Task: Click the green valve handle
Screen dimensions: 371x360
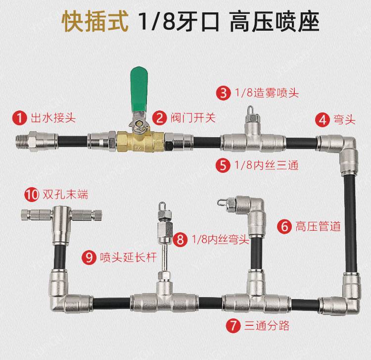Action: coord(139,90)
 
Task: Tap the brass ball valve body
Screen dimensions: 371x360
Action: coord(140,141)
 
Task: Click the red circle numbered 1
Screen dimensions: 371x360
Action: coord(20,118)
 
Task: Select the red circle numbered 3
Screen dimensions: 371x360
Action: coord(223,93)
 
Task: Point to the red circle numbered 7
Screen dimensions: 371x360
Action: coord(233,325)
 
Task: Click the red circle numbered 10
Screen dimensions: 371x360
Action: coord(32,195)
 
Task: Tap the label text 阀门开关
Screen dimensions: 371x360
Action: coord(193,118)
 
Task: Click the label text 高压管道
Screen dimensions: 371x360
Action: coord(318,226)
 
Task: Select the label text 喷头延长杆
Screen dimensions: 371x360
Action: coord(128,257)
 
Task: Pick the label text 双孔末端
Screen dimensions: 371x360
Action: coord(65,195)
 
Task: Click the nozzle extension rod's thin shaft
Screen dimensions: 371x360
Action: coord(164,257)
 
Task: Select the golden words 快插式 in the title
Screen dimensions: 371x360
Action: coord(95,22)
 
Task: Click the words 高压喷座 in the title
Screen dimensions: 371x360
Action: coord(275,22)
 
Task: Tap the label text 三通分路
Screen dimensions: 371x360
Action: coord(267,325)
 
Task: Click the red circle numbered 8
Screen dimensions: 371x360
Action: coord(180,240)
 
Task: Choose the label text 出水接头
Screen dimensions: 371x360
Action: coord(53,118)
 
